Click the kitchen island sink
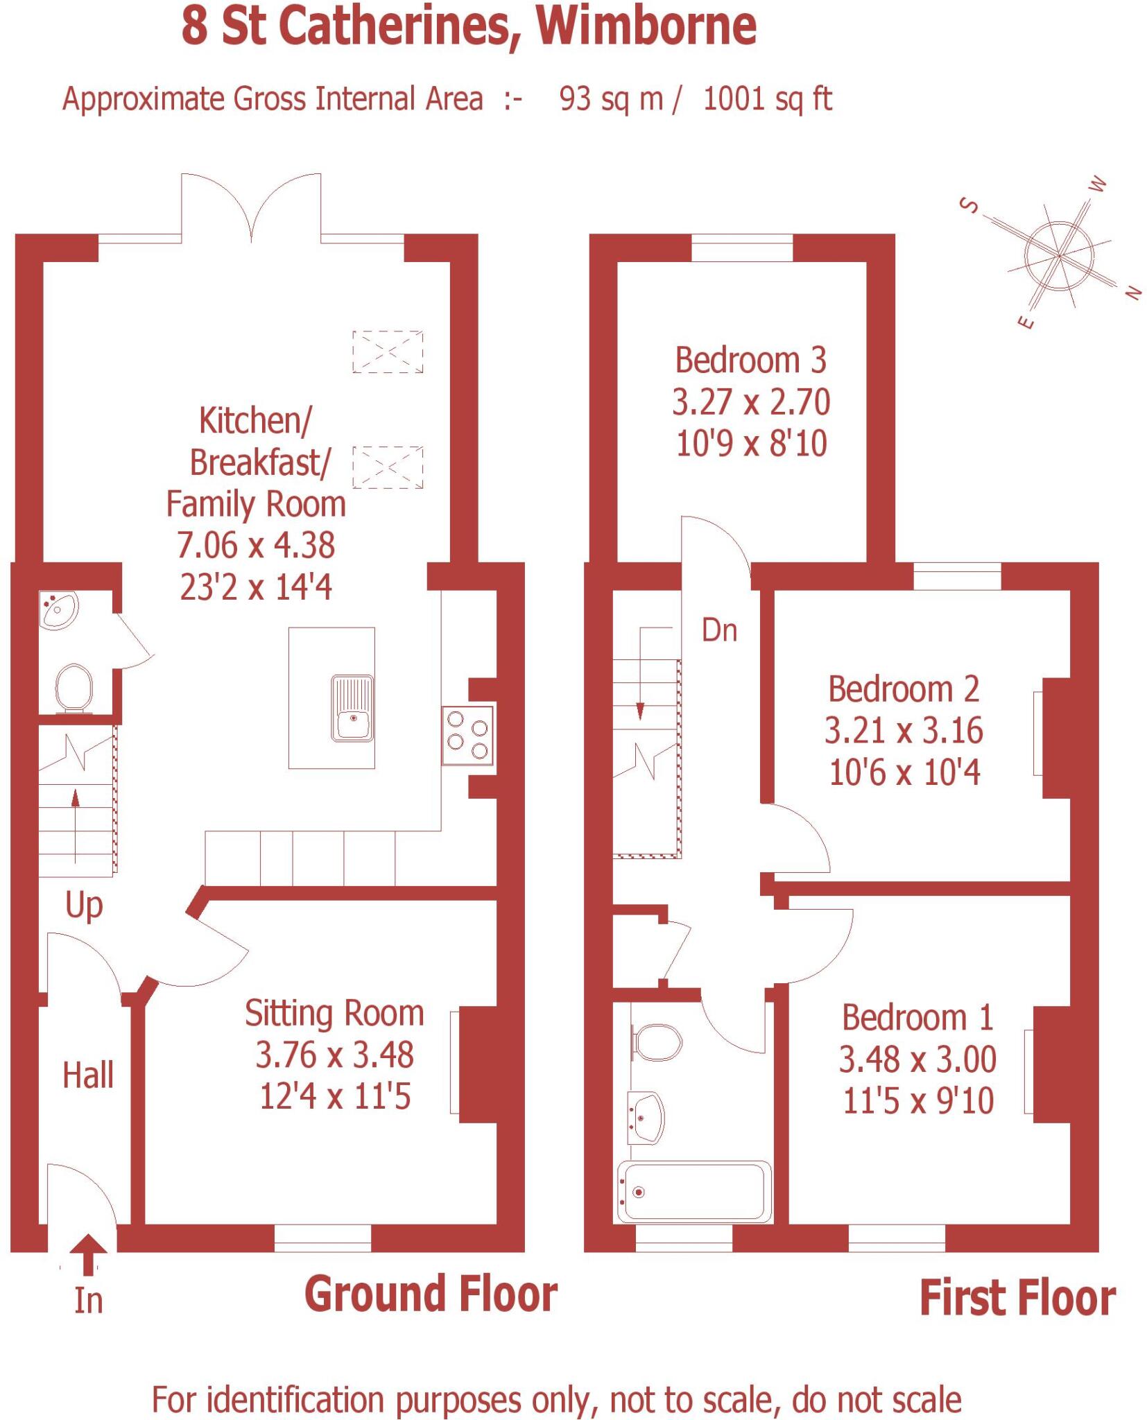tap(352, 708)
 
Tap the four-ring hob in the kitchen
tap(467, 735)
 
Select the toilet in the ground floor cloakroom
tap(74, 688)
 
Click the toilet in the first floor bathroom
tap(657, 1043)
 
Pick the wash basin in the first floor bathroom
tap(646, 1118)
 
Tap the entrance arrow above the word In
tap(87, 1255)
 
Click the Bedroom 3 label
tap(750, 361)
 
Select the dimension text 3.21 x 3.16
tap(903, 731)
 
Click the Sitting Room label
tap(334, 1014)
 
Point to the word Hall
tap(88, 1075)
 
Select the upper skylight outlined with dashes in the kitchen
tap(388, 352)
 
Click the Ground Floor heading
tap(431, 1294)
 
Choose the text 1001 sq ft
tap(767, 99)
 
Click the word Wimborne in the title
tap(646, 26)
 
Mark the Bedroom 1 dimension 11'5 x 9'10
tap(917, 1101)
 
